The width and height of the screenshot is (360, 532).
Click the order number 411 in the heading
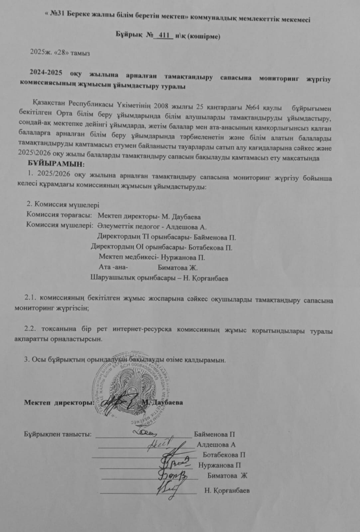[164, 35]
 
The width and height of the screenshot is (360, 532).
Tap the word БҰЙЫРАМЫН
[57, 164]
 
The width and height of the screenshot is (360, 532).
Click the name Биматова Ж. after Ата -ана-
[178, 268]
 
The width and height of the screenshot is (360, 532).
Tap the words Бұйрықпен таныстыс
[58, 434]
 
